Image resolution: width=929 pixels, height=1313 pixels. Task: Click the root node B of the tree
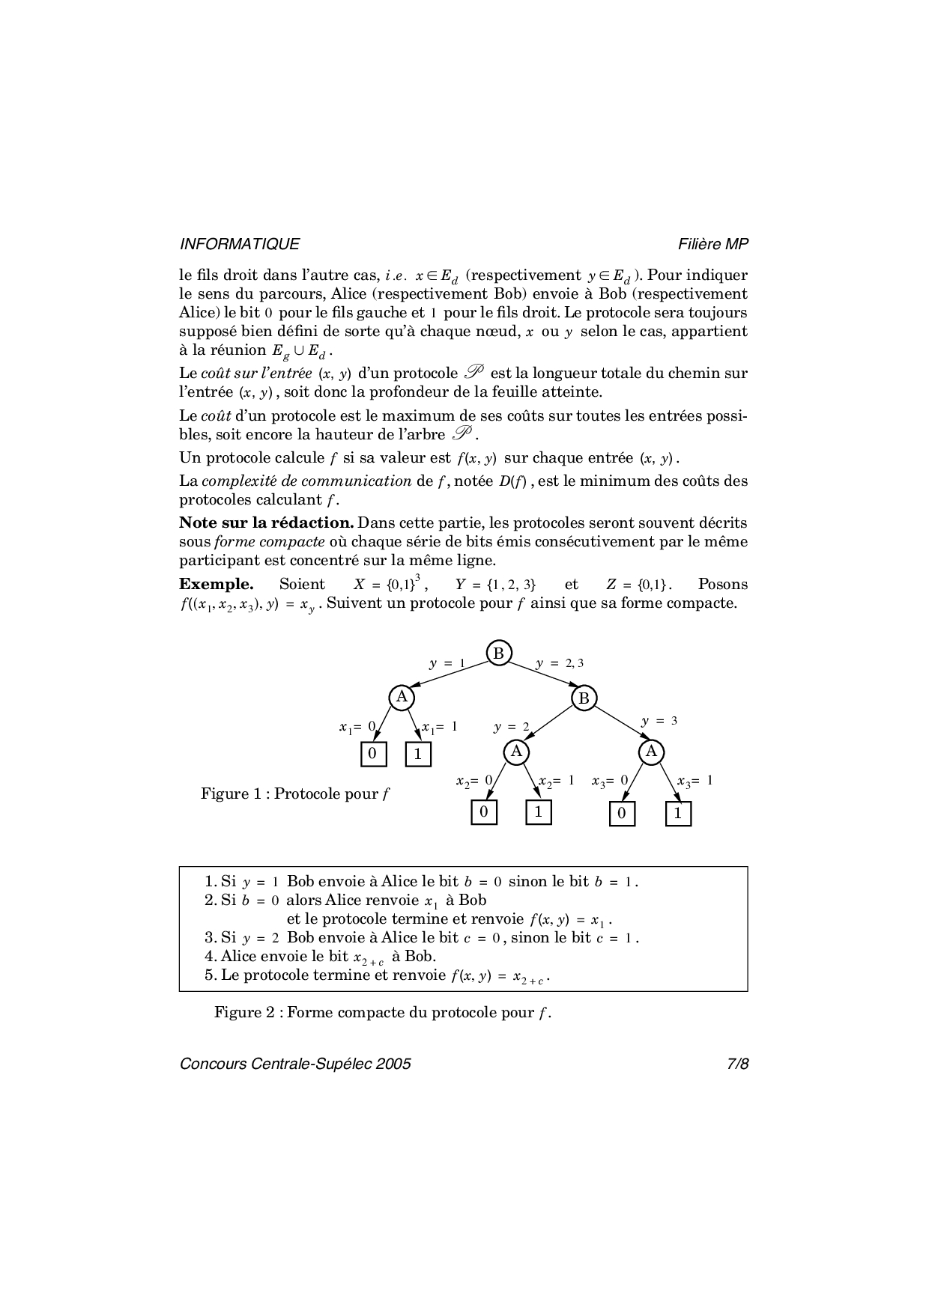498,653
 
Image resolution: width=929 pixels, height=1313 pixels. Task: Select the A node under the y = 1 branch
402,697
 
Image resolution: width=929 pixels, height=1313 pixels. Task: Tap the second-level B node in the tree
584,698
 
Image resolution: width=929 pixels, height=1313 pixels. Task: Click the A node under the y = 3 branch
651,751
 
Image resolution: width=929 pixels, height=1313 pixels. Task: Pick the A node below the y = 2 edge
515,751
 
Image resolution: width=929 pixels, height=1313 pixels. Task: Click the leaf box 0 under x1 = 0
373,754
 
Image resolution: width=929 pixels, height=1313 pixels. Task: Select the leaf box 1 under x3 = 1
678,814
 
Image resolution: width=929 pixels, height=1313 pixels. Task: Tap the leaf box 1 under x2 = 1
538,812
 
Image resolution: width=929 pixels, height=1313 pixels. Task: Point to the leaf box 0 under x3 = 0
622,814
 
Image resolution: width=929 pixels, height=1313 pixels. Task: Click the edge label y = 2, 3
559,663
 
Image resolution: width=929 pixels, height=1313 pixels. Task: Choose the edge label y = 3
659,721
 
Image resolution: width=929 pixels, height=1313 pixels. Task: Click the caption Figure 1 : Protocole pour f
295,793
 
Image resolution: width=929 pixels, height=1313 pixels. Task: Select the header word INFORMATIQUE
240,244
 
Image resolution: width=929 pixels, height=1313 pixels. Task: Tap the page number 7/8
737,1064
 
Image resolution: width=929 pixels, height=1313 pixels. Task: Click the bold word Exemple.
216,585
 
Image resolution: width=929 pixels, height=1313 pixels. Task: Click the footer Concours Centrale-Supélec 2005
295,1064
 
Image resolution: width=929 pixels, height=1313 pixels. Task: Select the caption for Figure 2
382,1013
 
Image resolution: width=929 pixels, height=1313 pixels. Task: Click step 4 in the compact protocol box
321,957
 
